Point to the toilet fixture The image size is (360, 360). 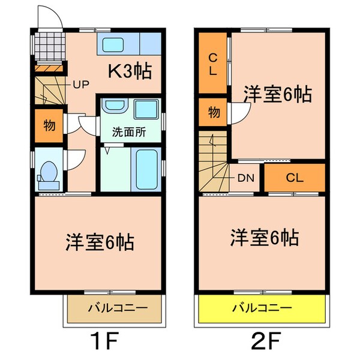48,173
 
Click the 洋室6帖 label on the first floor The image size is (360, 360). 99,242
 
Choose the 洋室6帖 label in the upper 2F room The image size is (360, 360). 277,94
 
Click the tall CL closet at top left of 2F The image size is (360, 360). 213,62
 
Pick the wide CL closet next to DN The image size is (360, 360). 294,178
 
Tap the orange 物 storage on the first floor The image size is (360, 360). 49,125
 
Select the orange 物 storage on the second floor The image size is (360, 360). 213,112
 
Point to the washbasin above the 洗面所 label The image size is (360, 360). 113,107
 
